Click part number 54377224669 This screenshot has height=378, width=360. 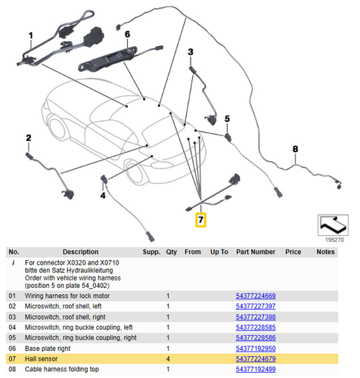coord(256,296)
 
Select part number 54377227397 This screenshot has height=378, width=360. coord(256,306)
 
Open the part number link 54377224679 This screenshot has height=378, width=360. coord(256,359)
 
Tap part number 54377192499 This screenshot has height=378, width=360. coord(256,370)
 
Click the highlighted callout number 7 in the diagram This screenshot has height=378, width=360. coord(200,221)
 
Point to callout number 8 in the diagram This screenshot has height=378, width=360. coord(295,149)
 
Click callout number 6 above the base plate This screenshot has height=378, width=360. coord(127,35)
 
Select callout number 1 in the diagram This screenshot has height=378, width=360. coord(31,35)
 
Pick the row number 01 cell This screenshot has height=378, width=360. coord(11,296)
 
